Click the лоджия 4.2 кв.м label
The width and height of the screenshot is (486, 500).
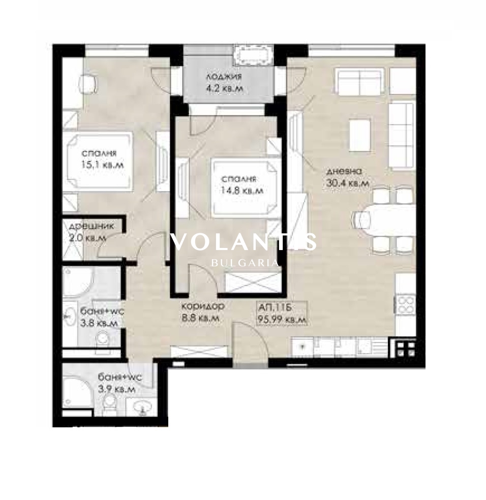(224, 82)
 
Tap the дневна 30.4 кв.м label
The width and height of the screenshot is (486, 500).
(348, 177)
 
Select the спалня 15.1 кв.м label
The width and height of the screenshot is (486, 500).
(102, 159)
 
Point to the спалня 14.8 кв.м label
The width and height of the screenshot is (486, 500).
(242, 184)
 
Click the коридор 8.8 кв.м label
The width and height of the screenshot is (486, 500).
(203, 312)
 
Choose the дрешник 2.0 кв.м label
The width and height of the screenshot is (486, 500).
(91, 232)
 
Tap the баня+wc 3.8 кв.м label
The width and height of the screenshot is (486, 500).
(102, 317)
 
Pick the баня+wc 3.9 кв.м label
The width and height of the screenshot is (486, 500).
(119, 383)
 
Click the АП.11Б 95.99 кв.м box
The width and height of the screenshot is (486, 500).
(283, 313)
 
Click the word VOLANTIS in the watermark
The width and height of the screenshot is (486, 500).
(244, 242)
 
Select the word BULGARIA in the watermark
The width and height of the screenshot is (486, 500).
(245, 263)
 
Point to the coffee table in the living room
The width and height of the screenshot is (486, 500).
(360, 135)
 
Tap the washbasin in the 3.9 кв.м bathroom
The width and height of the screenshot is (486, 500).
(142, 407)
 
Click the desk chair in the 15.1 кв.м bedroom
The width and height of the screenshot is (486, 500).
(88, 83)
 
